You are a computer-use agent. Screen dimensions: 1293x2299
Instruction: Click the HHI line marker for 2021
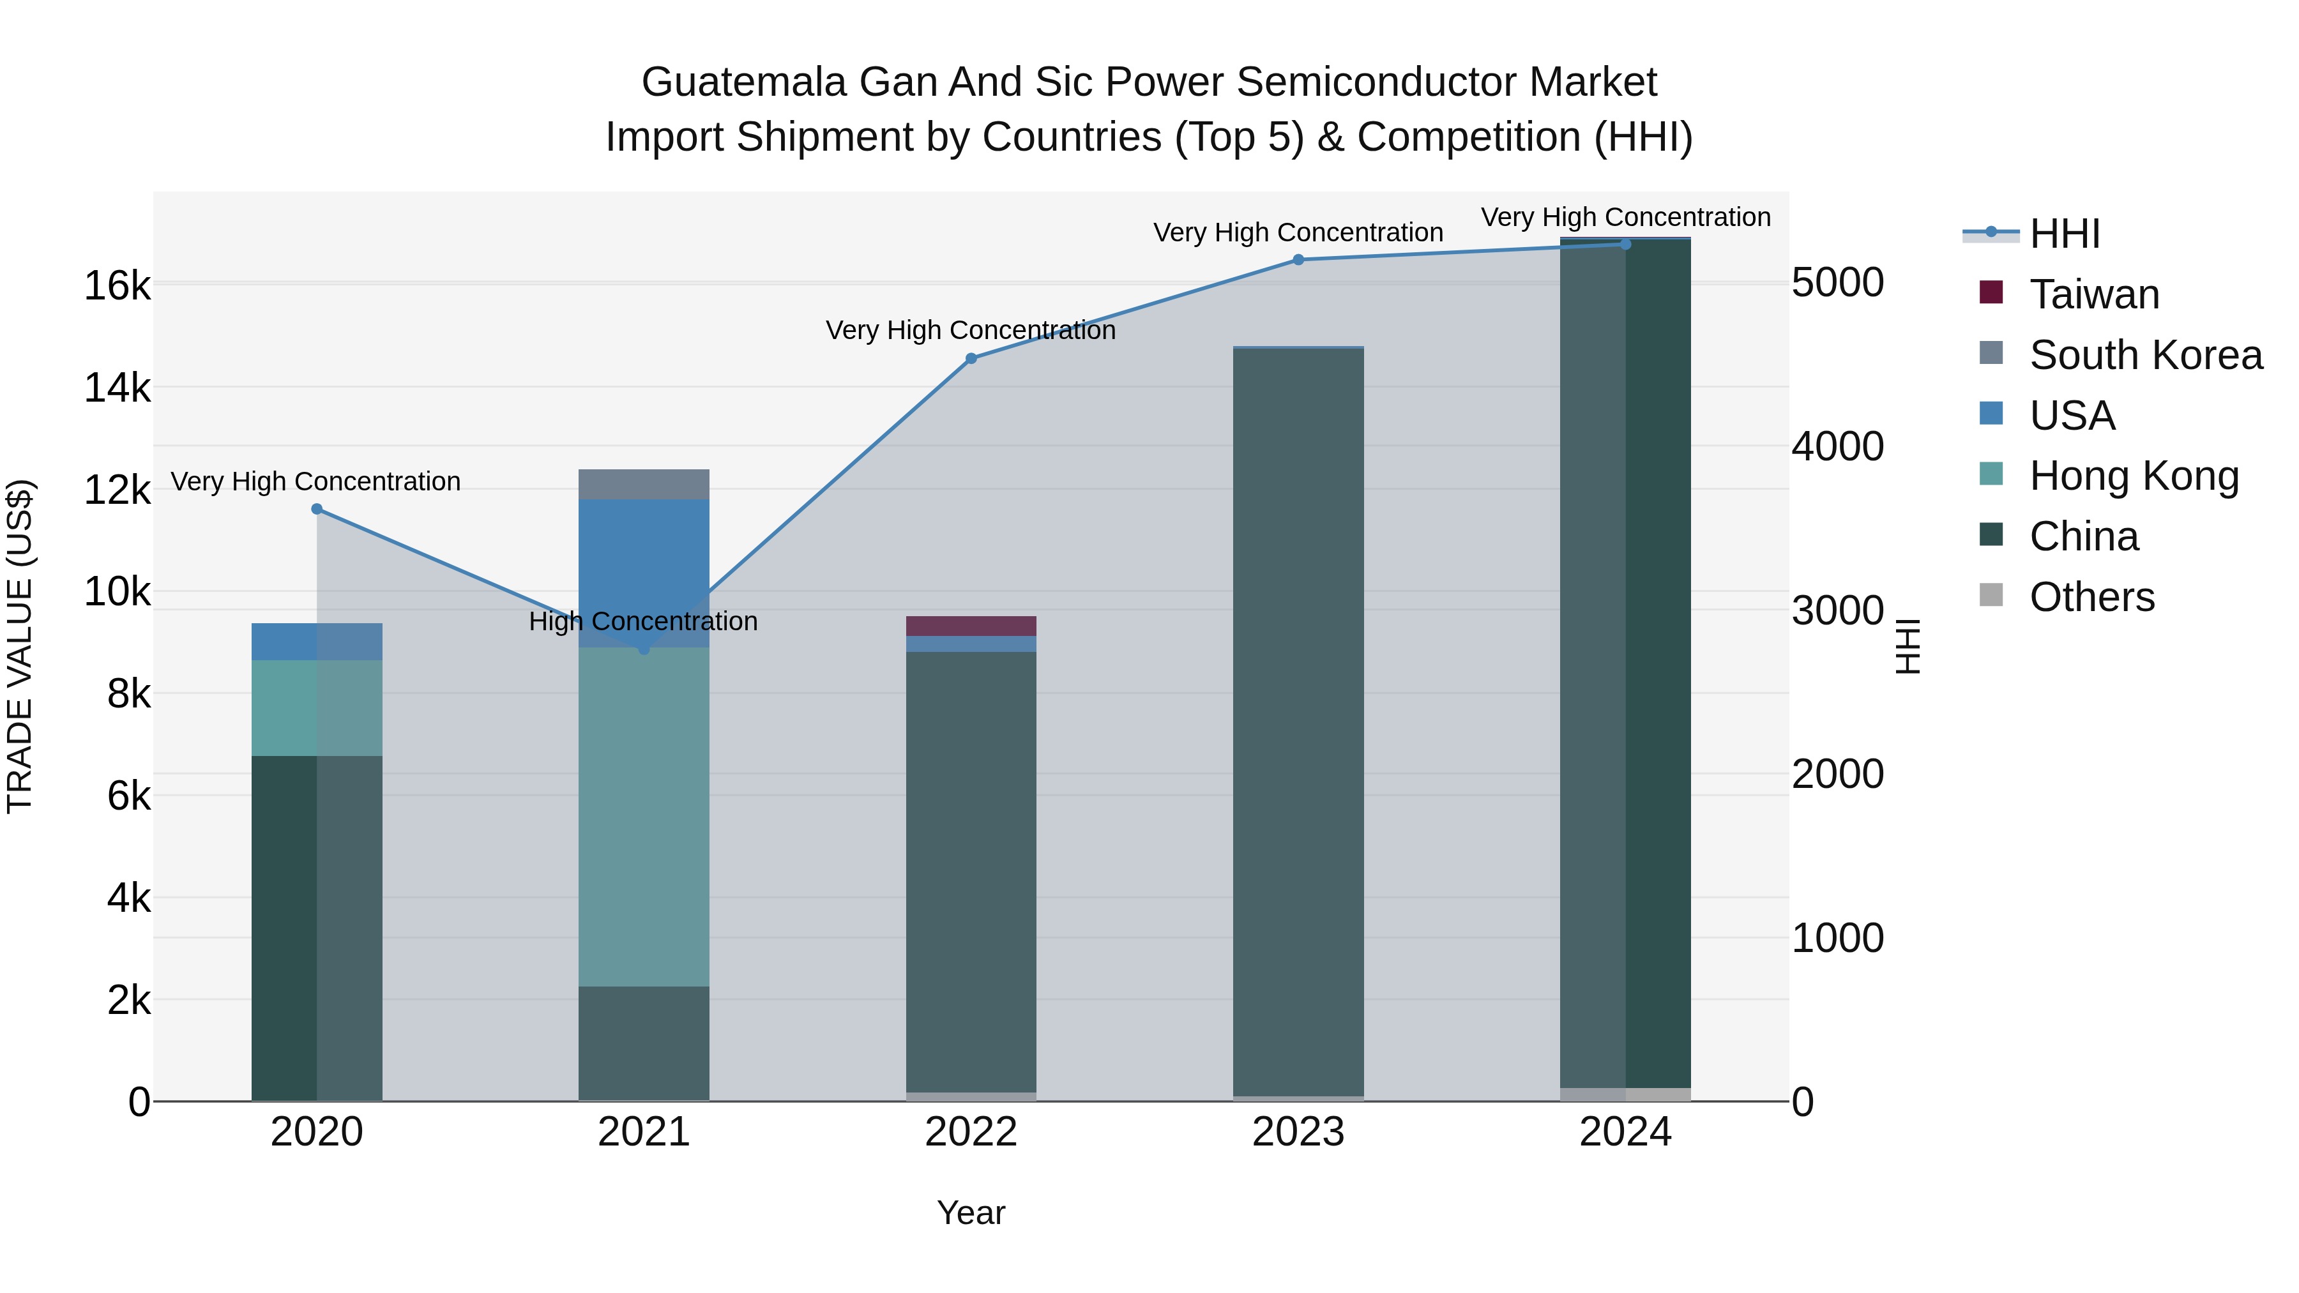coord(644,649)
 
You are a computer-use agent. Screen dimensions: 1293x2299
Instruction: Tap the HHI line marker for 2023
coord(1298,260)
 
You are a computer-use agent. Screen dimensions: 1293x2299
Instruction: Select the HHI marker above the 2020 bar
coord(317,509)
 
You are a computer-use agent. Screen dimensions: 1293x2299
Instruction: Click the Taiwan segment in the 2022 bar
coord(971,626)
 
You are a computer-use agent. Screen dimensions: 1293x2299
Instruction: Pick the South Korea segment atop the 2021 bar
coord(644,483)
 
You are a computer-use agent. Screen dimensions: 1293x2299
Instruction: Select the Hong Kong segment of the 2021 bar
coord(644,817)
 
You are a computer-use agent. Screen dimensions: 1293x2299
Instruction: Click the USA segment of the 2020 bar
coord(317,642)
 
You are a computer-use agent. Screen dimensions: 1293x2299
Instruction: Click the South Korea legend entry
coord(2144,354)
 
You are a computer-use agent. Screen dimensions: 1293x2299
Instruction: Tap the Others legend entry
coord(2091,596)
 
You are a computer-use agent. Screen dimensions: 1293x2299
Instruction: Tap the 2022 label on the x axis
coord(971,1131)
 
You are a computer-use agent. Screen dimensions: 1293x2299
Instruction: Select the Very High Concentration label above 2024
coord(1625,217)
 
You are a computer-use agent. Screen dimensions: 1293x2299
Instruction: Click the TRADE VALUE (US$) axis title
coord(20,646)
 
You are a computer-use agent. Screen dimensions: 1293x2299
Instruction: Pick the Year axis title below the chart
coord(971,1213)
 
